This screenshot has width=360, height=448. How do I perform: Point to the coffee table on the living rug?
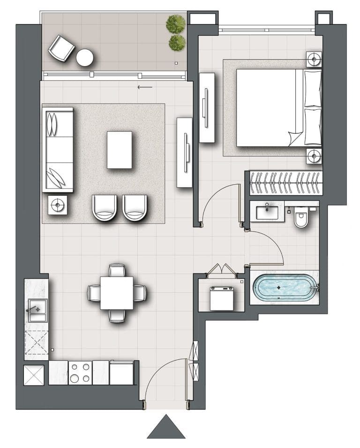pyautogui.click(x=120, y=150)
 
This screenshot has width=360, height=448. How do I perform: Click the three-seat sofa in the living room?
pyautogui.click(x=58, y=149)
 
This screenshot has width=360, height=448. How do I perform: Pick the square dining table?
pyautogui.click(x=116, y=293)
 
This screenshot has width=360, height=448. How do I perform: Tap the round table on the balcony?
pyautogui.click(x=85, y=58)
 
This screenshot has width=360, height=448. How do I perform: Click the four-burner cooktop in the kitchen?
pyautogui.click(x=80, y=373)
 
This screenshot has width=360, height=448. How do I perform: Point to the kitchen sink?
pyautogui.click(x=37, y=310)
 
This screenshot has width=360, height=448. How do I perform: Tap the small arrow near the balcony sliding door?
pyautogui.click(x=145, y=87)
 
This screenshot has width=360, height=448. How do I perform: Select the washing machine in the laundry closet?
pyautogui.click(x=221, y=298)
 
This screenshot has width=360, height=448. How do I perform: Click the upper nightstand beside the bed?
pyautogui.click(x=314, y=59)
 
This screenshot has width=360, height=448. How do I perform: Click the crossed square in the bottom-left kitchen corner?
pyautogui.click(x=34, y=375)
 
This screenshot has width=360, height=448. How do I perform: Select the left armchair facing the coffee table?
pyautogui.click(x=104, y=207)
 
